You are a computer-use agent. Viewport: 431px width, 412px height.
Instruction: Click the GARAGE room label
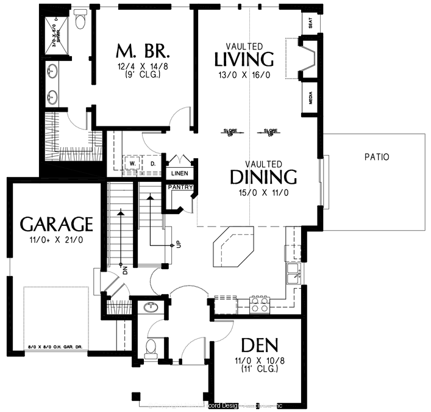(x=56, y=224)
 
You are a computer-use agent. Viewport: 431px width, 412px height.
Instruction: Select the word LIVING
(x=244, y=59)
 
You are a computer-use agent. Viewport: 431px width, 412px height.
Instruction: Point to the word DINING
(x=263, y=178)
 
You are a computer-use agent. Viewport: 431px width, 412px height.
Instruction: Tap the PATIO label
(x=377, y=157)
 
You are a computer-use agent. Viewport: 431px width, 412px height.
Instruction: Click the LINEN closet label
(x=179, y=173)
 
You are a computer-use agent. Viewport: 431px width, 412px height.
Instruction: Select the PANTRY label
(x=181, y=187)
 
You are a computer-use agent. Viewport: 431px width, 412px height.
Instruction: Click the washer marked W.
(x=132, y=164)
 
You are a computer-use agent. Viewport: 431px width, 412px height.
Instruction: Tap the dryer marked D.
(x=152, y=164)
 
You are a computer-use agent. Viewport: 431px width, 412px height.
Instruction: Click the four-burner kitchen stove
(x=260, y=304)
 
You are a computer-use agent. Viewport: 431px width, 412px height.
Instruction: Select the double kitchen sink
(x=294, y=273)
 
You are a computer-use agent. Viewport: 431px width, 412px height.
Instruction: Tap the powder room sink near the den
(x=150, y=308)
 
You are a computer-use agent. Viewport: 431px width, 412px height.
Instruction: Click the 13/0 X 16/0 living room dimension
(x=244, y=76)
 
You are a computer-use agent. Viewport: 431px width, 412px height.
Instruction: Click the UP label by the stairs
(x=178, y=243)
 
